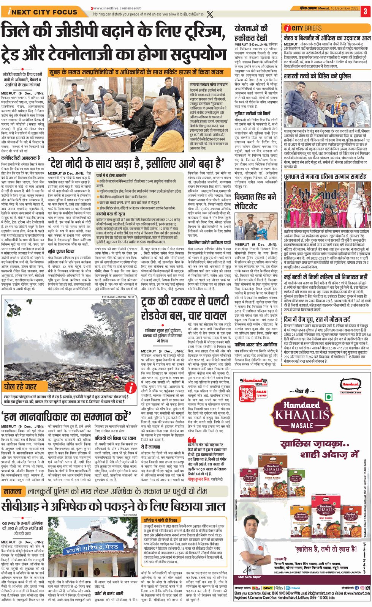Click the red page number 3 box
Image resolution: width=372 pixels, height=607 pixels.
(365, 11)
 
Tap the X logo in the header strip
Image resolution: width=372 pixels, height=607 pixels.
(209, 14)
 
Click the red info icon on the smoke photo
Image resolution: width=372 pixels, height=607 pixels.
(130, 387)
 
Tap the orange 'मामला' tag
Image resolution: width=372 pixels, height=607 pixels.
(14, 491)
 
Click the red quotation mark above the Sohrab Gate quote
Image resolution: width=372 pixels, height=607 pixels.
(192, 440)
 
